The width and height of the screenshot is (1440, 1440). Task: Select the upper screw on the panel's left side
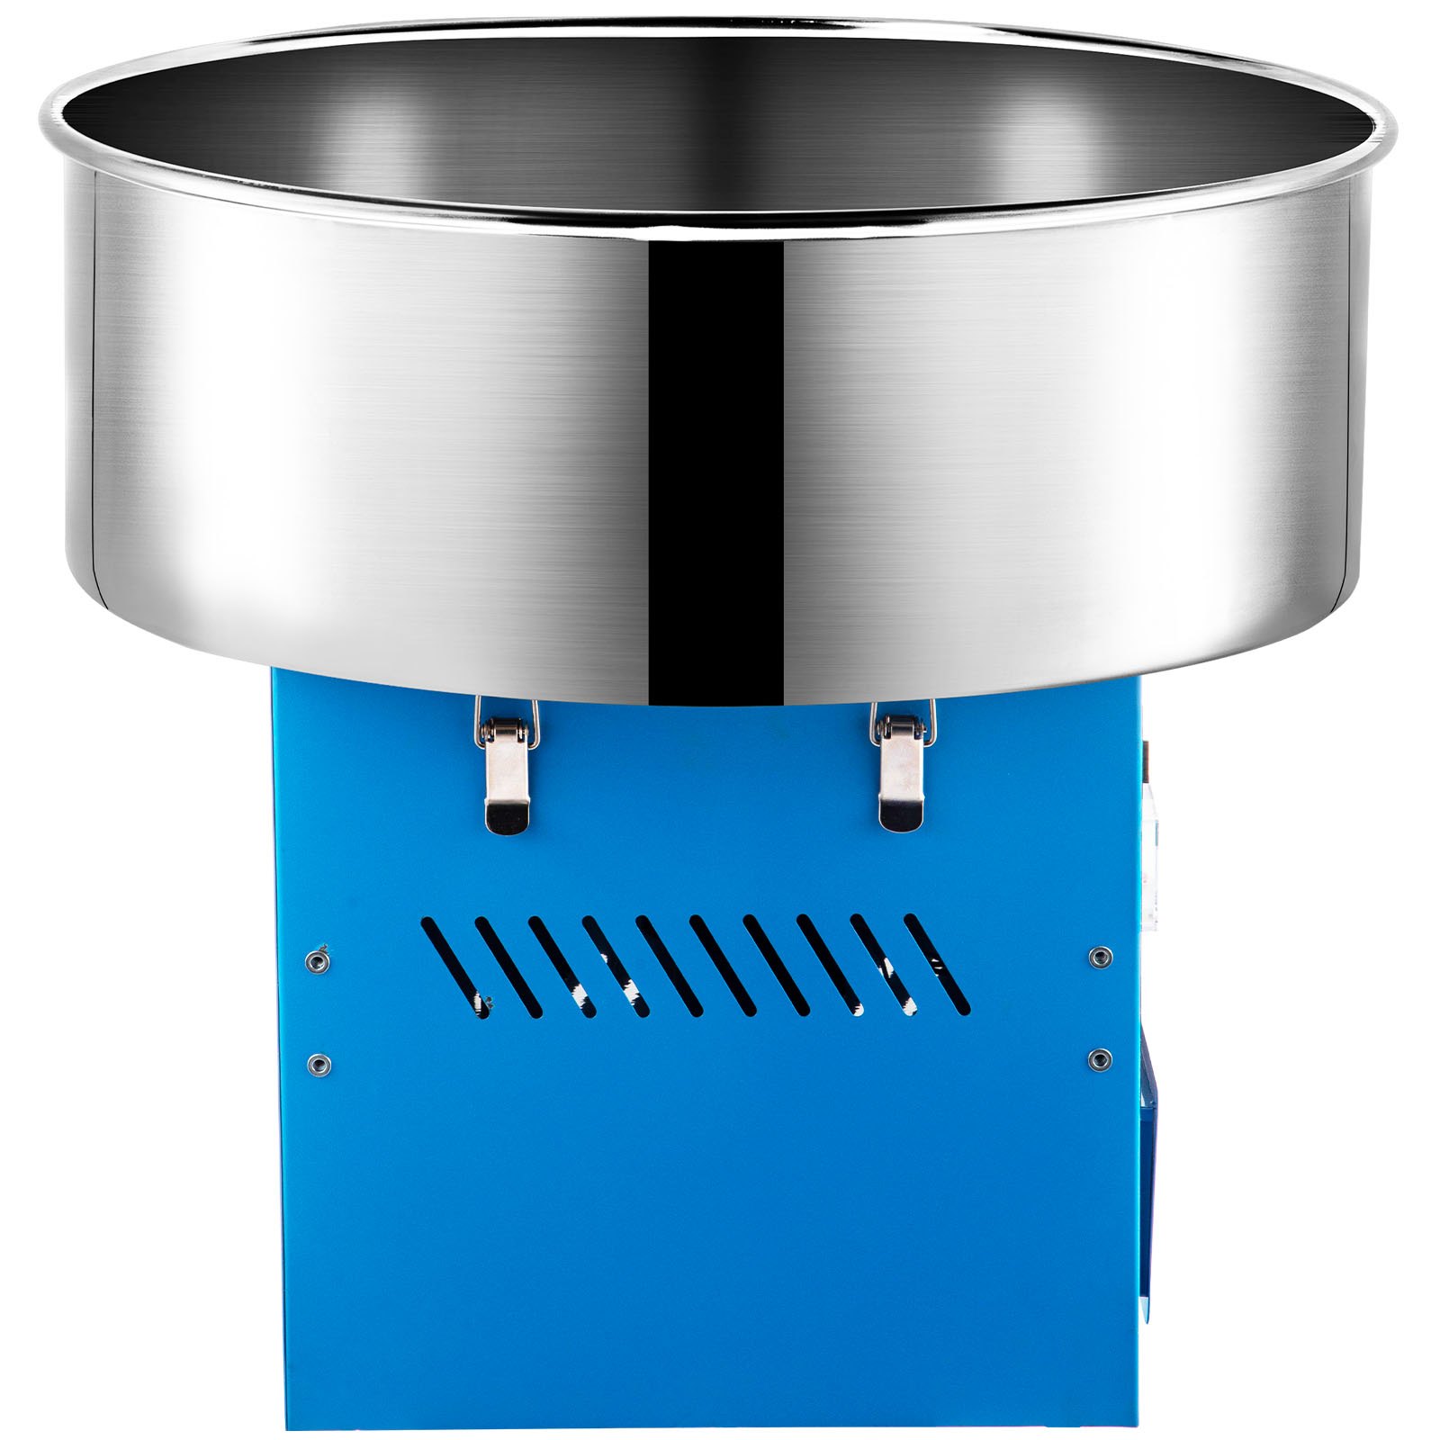316,961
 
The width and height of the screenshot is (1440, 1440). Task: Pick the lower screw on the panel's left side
316,1066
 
